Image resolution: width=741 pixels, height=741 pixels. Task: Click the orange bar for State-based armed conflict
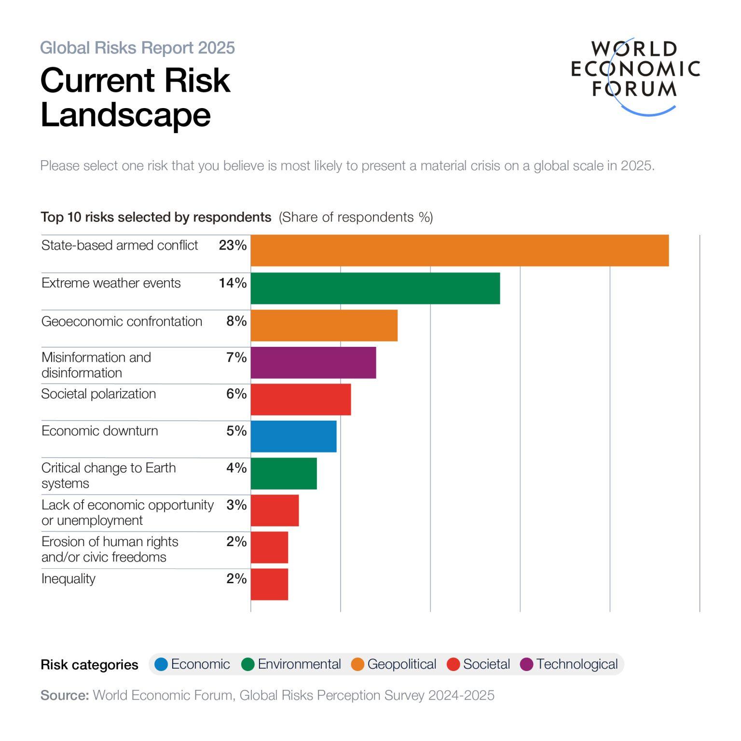tap(459, 250)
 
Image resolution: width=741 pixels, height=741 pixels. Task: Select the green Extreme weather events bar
tap(375, 288)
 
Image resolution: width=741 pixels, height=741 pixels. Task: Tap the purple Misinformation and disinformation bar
tap(313, 362)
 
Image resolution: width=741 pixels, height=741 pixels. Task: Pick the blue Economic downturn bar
tap(293, 436)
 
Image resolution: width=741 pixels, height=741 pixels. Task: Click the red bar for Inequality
tap(269, 584)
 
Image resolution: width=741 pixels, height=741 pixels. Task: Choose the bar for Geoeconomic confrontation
tap(324, 325)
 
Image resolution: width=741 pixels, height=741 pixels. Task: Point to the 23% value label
tap(233, 245)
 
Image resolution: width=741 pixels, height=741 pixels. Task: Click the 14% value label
tap(233, 283)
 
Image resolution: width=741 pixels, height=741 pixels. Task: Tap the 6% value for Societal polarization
tap(236, 394)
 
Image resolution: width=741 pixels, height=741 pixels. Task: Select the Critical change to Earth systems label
tap(109, 475)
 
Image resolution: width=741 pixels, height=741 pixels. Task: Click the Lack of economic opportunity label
tap(127, 512)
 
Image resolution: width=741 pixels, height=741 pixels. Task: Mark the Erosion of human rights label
tap(110, 549)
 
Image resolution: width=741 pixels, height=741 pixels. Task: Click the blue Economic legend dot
tap(161, 664)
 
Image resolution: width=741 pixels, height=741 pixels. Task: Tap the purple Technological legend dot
tap(527, 664)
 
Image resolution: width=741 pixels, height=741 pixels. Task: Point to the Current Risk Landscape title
tap(135, 97)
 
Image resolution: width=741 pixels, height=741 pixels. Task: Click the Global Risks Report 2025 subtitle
tap(137, 48)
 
